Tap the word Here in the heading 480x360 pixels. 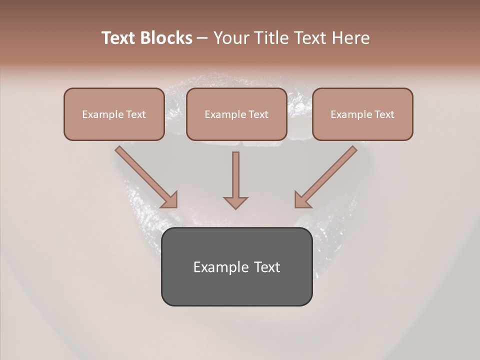coord(351,38)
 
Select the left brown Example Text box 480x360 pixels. coord(114,114)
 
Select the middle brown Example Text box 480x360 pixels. coord(236,114)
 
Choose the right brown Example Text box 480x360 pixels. coord(362,114)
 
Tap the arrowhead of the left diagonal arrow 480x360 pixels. coord(170,200)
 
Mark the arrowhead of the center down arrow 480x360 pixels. coord(235,202)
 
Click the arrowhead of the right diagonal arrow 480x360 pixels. coord(302,200)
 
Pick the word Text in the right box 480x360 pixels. coord(384,114)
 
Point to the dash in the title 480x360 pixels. coord(202,38)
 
